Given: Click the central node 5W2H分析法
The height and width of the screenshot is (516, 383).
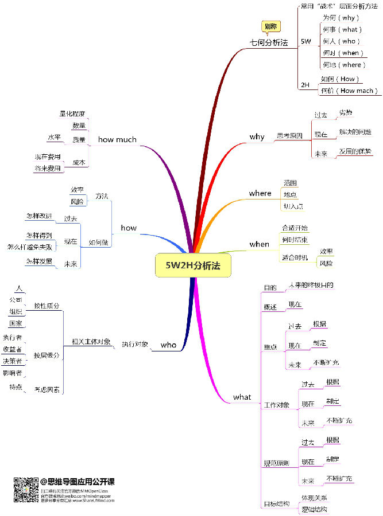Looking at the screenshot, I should tap(193, 265).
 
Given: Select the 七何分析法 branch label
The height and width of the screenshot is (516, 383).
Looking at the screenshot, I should tap(268, 42).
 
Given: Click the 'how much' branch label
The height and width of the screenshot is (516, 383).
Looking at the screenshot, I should tap(117, 139).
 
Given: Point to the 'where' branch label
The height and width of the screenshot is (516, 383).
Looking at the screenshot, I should tap(260, 193).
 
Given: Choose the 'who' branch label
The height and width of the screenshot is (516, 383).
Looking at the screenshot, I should tap(168, 345).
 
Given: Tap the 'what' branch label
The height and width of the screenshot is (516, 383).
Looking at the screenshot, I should tap(242, 397).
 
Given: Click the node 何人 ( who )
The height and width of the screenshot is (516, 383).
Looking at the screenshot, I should tap(341, 41).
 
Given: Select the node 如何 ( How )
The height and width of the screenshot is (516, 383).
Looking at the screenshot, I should tap(339, 79).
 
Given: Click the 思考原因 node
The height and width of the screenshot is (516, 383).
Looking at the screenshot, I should tap(289, 136).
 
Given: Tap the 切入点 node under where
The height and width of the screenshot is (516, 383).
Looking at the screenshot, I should tap(293, 205).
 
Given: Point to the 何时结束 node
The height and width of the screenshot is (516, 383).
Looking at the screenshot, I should tap(295, 239).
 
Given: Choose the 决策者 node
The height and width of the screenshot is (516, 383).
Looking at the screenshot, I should tap(12, 361).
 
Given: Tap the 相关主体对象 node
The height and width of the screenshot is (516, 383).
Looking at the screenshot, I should tap(91, 341).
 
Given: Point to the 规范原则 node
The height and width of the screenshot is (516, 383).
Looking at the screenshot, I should tap(276, 463).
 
